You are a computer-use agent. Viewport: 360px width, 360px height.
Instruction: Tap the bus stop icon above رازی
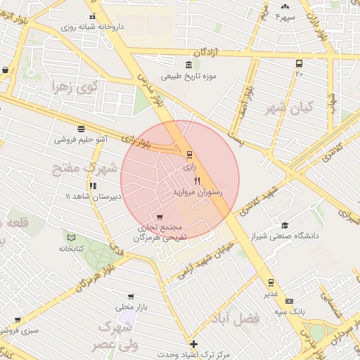(x=189, y=155)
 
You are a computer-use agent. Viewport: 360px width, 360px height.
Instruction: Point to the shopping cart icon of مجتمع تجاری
(x=160, y=217)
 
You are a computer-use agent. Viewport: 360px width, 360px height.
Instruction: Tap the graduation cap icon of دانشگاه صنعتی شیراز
(x=285, y=225)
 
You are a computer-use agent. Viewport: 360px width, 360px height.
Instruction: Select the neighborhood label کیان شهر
(x=288, y=110)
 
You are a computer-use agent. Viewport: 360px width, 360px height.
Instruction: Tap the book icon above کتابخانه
(x=71, y=237)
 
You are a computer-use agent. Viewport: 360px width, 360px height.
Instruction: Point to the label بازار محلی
(x=130, y=307)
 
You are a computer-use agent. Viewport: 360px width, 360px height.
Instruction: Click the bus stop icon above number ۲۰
(x=300, y=63)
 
